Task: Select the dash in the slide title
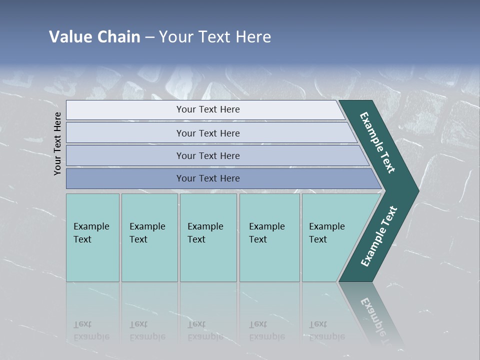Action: [149, 37]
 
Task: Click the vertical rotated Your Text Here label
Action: [57, 143]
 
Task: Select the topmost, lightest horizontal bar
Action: [207, 109]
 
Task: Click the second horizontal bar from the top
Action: [207, 133]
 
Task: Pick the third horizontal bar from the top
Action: [207, 155]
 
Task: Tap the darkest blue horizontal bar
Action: [207, 178]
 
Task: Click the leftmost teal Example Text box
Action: [92, 237]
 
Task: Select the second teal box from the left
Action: [149, 237]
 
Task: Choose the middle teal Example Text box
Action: [208, 237]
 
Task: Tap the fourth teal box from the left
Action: [269, 237]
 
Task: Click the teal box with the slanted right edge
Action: [327, 237]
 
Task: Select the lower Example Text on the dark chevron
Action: [379, 236]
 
